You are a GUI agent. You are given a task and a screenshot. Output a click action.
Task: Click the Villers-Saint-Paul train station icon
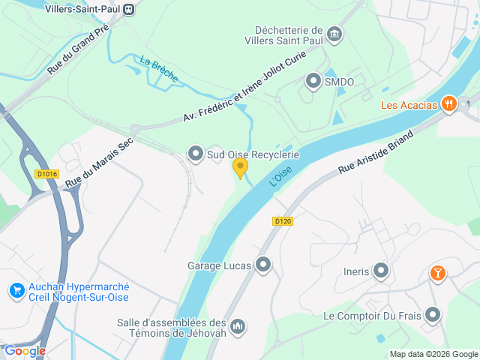[129, 9]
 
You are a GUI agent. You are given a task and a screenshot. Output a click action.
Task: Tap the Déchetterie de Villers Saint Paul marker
[334, 34]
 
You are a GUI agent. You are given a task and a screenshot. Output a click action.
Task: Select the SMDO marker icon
[313, 80]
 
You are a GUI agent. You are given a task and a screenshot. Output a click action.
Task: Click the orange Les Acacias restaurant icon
[449, 104]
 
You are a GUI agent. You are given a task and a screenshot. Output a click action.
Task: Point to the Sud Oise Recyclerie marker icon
[196, 154]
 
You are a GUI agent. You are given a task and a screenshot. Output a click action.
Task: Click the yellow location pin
[240, 167]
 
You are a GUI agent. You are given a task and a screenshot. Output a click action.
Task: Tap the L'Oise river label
[280, 176]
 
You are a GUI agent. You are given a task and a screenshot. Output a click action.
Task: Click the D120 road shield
[282, 221]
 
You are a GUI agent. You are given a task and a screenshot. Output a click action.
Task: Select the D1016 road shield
[46, 174]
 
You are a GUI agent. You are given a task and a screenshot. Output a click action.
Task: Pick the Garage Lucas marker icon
[263, 265]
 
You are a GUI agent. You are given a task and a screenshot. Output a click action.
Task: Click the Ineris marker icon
[381, 271]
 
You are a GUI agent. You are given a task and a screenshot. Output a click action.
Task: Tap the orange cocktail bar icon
[437, 274]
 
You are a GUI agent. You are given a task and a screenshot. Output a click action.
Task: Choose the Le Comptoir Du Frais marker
[433, 316]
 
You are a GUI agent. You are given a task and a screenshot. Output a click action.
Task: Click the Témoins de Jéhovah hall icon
[238, 326]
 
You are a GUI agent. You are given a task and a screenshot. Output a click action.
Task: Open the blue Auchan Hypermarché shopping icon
[16, 289]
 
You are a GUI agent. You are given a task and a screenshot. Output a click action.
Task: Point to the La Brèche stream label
[158, 67]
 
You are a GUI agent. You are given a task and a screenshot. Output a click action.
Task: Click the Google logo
[25, 350]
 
